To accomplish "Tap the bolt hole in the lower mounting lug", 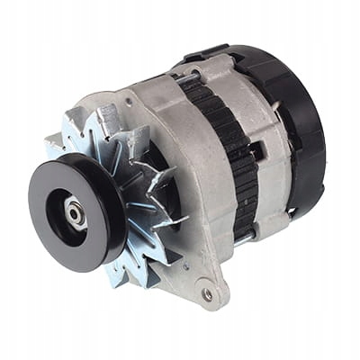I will (208, 293).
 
